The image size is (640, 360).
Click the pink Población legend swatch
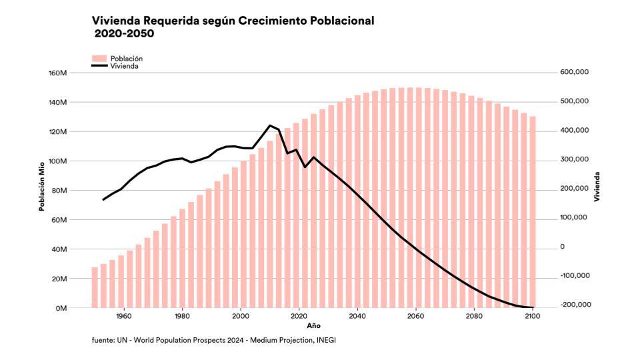[99, 59]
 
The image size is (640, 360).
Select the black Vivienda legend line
[99, 66]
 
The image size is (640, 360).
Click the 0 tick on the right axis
[561, 247]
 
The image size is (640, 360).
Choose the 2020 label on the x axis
[299, 317]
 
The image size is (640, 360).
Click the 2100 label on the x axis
[532, 317]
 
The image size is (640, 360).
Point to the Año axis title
[313, 327]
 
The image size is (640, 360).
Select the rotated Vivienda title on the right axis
[597, 187]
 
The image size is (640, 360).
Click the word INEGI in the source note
[335, 341]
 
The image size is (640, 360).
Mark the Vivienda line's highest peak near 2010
[270, 125]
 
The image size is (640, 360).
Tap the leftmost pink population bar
[95, 287]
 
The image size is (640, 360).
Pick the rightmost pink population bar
[533, 212]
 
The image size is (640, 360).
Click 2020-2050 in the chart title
[124, 33]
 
